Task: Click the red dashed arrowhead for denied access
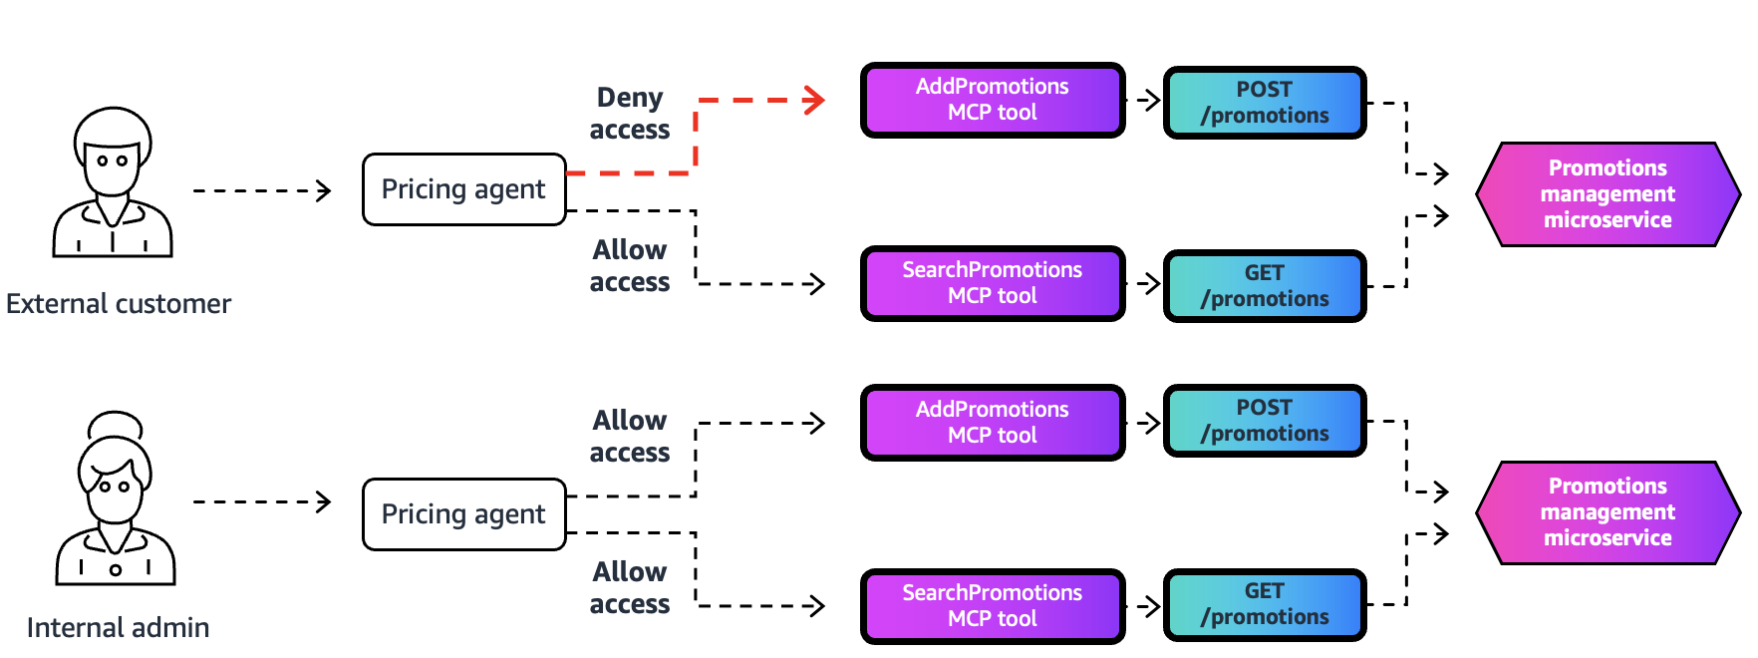point(816,100)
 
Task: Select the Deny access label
point(629,114)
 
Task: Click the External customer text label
point(119,304)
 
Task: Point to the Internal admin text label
point(118,628)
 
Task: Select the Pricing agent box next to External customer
point(463,189)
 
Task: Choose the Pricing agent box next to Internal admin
point(463,514)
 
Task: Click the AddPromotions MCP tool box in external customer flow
point(993,100)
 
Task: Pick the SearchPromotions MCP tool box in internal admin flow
point(993,606)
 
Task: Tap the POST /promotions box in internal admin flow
point(1264,421)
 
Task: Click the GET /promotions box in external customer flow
point(1264,286)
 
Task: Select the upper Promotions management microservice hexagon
point(1607,194)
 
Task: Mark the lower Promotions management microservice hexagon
point(1607,512)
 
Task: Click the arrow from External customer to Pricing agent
point(262,190)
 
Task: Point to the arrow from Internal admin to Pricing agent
point(262,501)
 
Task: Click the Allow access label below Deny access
point(629,266)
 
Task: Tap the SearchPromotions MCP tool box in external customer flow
point(993,283)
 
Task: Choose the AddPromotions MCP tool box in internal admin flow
point(993,423)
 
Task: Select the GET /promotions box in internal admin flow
point(1264,604)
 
